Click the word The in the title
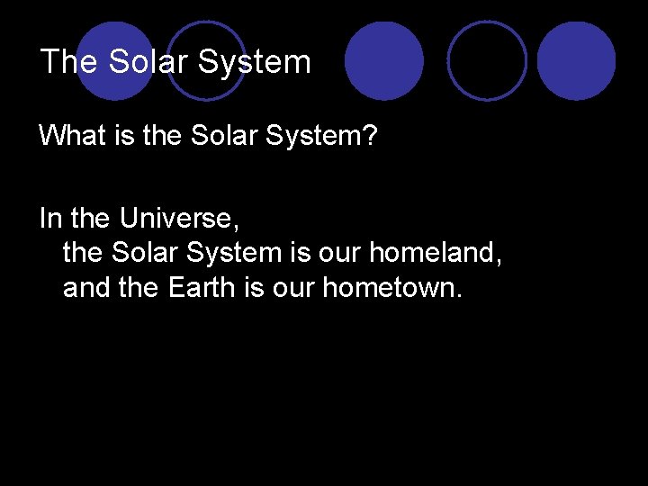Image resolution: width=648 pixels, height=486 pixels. coord(70,62)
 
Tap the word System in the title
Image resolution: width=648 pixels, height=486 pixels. coord(254,62)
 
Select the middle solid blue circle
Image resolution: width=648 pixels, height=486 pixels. coord(384,60)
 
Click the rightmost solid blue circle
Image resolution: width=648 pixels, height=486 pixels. coord(577,60)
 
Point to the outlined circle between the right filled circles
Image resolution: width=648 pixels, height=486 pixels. coord(487,60)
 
